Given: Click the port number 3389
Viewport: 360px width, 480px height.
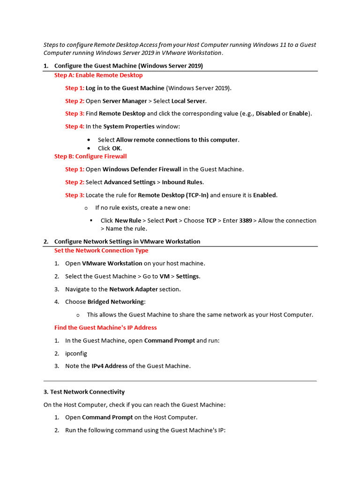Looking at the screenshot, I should coord(246,220).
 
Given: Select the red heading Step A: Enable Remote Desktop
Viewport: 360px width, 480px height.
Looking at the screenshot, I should coord(98,75).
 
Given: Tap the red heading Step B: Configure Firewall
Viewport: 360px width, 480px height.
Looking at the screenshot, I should coord(90,156).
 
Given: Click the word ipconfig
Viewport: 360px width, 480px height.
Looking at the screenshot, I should coord(76,353).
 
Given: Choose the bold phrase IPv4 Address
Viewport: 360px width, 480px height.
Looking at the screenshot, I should coord(109,366).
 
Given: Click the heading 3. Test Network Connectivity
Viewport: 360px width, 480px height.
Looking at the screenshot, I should coord(84,391).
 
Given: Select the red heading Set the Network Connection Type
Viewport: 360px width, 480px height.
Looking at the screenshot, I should coord(101,250).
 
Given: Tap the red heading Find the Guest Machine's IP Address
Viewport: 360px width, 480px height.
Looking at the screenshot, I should coord(105,327).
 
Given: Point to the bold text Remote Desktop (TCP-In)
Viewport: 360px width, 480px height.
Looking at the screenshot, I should coord(173,195).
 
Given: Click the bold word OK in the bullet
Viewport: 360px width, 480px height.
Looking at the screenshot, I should coord(116,148).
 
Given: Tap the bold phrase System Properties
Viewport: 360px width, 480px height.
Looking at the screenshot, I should coord(129,127).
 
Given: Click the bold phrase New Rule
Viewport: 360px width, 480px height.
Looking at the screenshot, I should coord(128,220).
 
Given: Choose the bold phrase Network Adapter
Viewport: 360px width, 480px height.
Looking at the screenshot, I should coord(134,289).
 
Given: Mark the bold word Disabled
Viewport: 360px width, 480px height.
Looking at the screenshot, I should coord(268,113).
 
